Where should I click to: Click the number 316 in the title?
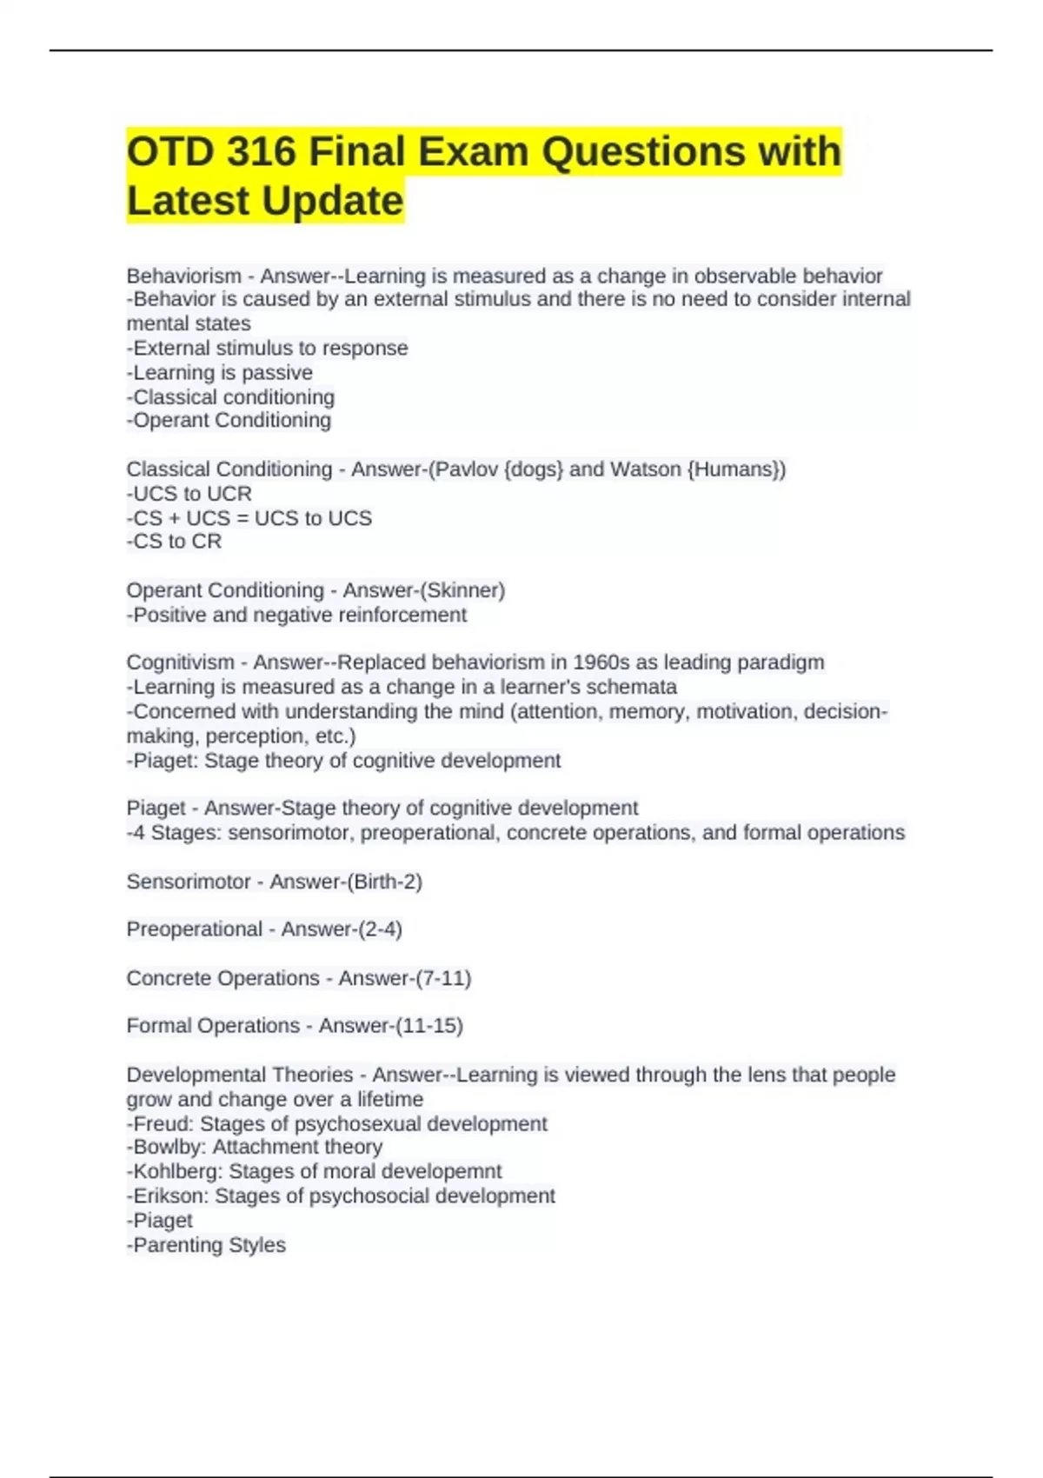[x=261, y=152]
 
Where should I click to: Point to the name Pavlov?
[x=465, y=469]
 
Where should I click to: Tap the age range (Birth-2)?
[x=384, y=882]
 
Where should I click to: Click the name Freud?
[x=163, y=1123]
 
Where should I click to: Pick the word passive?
[x=277, y=373]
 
